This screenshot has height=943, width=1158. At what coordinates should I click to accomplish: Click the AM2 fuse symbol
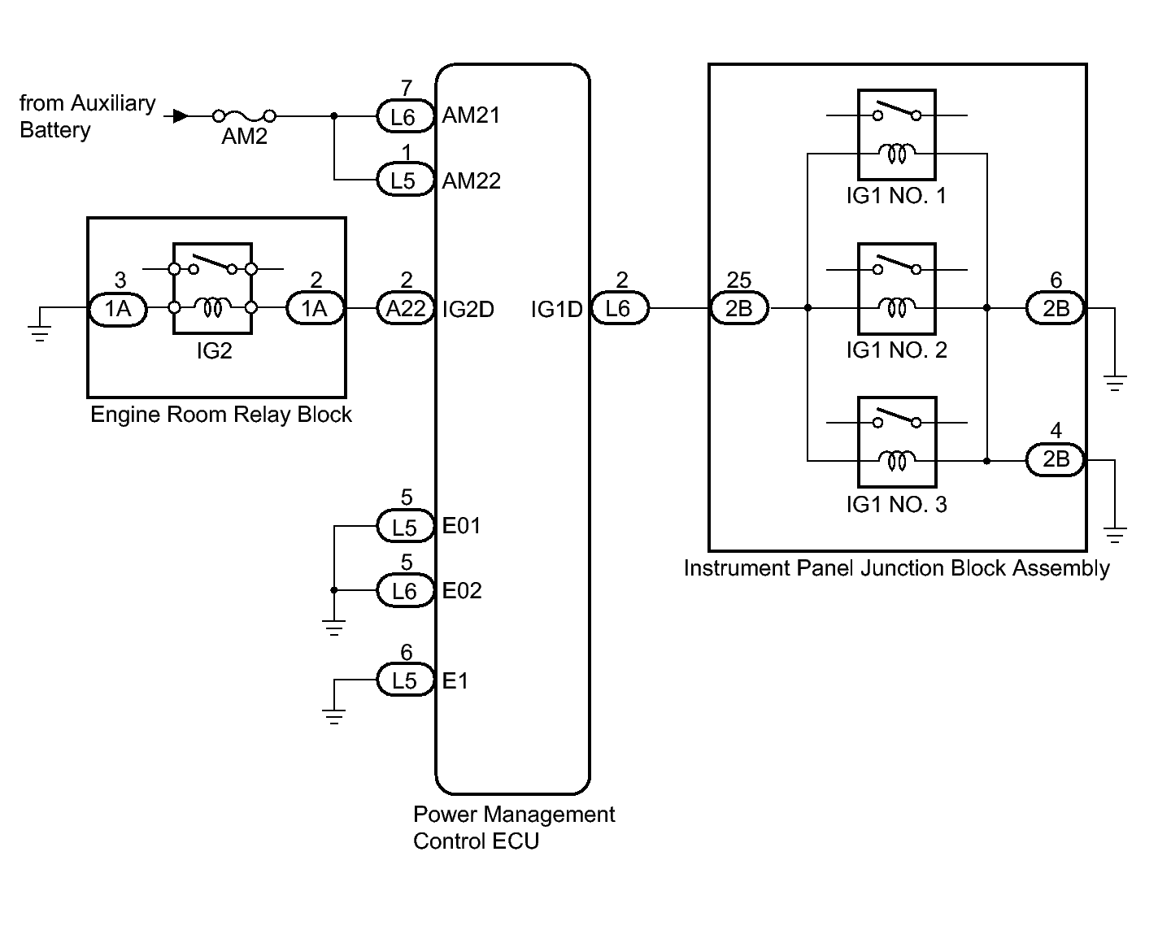(x=244, y=116)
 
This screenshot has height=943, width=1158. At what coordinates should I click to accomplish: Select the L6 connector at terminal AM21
(x=404, y=117)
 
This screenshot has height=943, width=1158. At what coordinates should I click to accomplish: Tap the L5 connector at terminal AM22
(x=404, y=180)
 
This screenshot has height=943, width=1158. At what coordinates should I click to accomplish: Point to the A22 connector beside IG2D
(x=406, y=309)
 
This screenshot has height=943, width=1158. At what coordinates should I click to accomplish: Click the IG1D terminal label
(x=556, y=309)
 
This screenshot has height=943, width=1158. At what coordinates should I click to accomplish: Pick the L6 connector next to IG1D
(x=620, y=309)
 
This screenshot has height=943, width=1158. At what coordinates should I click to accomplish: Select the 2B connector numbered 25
(x=739, y=309)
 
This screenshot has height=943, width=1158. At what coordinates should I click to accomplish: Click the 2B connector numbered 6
(x=1056, y=309)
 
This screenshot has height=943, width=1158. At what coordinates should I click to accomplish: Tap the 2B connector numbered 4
(x=1056, y=460)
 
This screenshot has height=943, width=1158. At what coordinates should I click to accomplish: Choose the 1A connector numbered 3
(x=118, y=309)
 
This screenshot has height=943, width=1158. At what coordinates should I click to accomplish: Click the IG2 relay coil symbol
(x=213, y=307)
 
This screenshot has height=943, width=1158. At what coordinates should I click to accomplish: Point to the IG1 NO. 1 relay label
(x=896, y=196)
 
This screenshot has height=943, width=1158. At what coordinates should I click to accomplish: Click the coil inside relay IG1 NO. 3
(x=897, y=461)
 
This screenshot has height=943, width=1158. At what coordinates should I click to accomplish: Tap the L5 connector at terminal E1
(x=404, y=680)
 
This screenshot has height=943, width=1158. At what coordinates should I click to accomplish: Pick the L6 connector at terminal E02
(x=404, y=591)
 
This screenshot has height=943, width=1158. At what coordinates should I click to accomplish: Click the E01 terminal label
(x=461, y=526)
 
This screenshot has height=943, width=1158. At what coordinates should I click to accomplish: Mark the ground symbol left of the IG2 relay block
(x=40, y=332)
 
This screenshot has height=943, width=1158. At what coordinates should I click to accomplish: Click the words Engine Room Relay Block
(x=220, y=415)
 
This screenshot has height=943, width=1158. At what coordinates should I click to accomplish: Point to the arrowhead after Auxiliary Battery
(x=181, y=116)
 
